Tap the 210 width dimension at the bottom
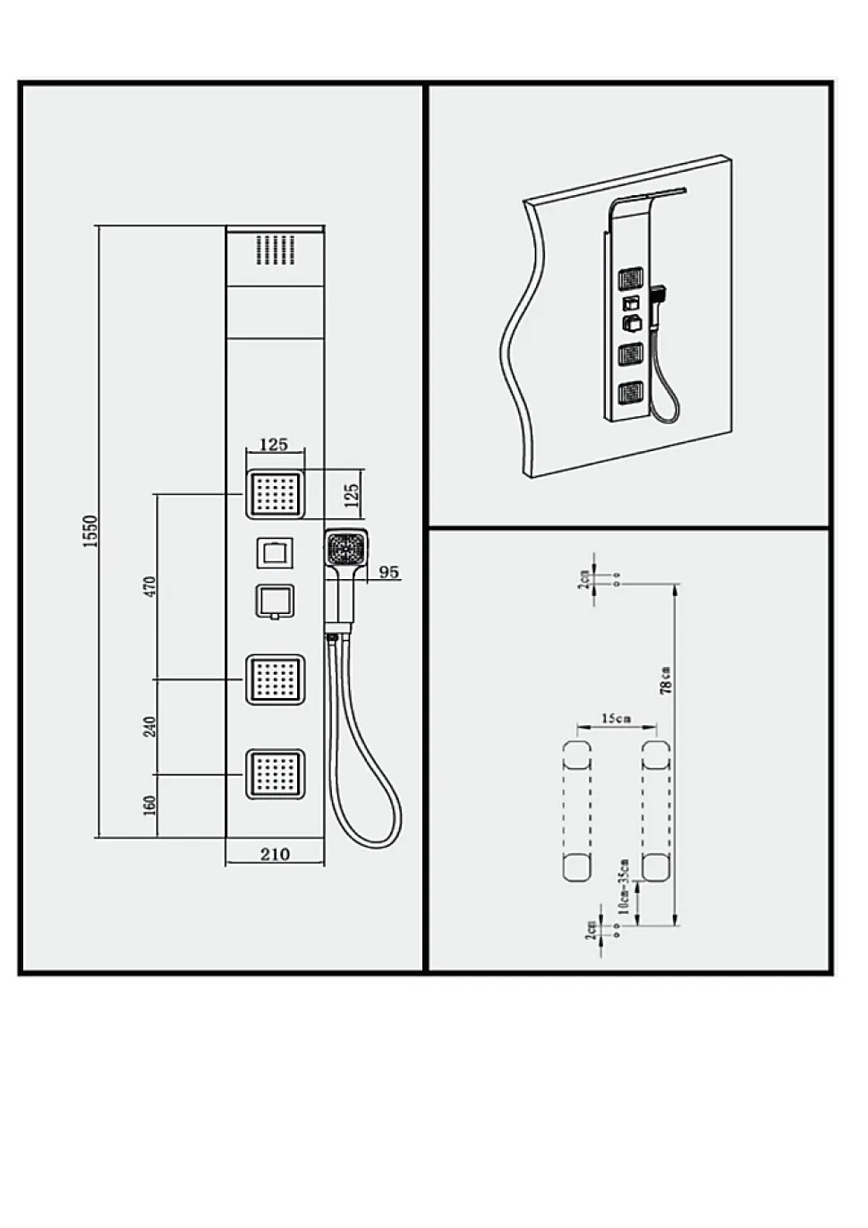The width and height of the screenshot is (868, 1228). [275, 854]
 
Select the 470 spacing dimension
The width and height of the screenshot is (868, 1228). [150, 586]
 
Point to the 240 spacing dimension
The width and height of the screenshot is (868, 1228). [150, 727]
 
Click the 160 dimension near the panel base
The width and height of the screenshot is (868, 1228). [150, 806]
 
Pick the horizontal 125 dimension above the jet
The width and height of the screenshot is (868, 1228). [274, 444]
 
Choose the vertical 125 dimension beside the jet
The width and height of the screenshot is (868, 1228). [353, 494]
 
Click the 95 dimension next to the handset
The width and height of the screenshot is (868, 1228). [389, 572]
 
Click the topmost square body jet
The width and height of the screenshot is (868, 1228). [275, 494]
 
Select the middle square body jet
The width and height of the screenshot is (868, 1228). [275, 679]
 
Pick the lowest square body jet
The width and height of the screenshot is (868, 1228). [275, 773]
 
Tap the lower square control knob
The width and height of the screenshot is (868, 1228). [275, 602]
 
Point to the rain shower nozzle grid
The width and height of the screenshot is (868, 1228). [276, 250]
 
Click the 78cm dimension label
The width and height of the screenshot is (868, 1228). [666, 680]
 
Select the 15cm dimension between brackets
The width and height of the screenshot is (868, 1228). [616, 718]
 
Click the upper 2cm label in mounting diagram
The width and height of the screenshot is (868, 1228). [584, 579]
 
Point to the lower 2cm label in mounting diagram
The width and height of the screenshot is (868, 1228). [591, 930]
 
